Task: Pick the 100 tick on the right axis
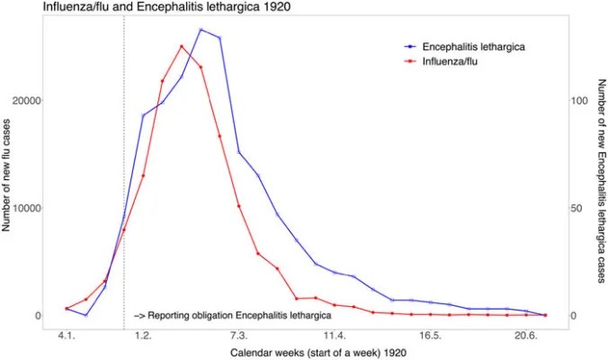tap(577, 101)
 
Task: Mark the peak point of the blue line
tap(201, 30)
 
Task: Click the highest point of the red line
tap(182, 46)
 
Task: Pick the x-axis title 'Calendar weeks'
tap(306, 353)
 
